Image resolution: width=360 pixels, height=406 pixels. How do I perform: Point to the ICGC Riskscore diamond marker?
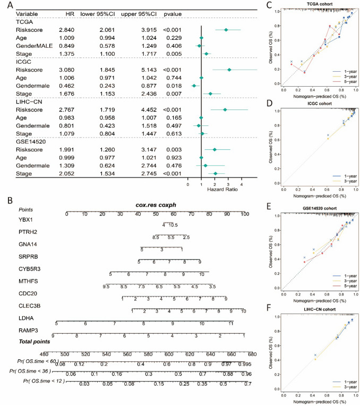(229, 70)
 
